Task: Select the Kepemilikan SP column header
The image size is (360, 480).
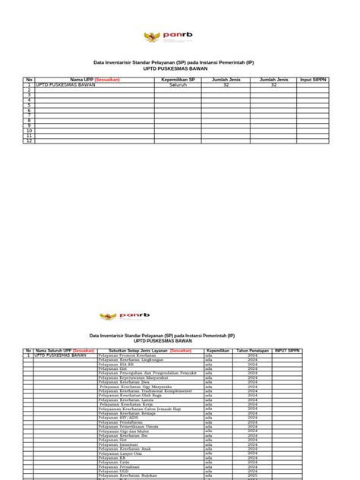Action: pyautogui.click(x=179, y=79)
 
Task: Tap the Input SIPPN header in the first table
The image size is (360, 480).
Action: pyautogui.click(x=313, y=79)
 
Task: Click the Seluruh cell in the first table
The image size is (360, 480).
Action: pyautogui.click(x=179, y=86)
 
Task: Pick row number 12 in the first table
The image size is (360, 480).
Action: pyautogui.click(x=30, y=141)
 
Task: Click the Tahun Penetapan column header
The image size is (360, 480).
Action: pyautogui.click(x=253, y=351)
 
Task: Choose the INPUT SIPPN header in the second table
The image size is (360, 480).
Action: pyautogui.click(x=293, y=351)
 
